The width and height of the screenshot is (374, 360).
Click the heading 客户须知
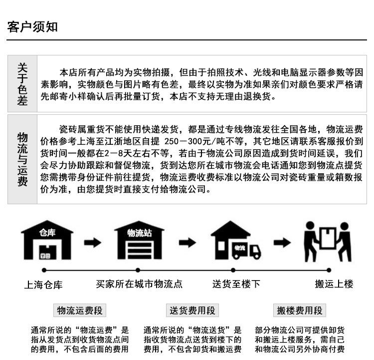[32, 26]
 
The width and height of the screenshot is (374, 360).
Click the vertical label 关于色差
[22, 84]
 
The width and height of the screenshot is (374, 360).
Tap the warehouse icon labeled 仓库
[47, 240]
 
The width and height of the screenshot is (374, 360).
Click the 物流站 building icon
[139, 240]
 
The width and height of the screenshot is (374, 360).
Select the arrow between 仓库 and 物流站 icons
[92, 243]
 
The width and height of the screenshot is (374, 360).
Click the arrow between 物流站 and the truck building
[187, 243]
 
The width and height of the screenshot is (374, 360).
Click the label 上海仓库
[44, 285]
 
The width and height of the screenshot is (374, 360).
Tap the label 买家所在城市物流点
[139, 284]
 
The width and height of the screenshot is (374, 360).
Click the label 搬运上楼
[334, 284]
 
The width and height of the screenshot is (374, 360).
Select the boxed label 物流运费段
[80, 310]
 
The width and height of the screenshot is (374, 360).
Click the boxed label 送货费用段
[192, 310]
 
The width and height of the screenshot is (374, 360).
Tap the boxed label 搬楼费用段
[300, 310]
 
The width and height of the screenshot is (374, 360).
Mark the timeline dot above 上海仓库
[44, 270]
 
